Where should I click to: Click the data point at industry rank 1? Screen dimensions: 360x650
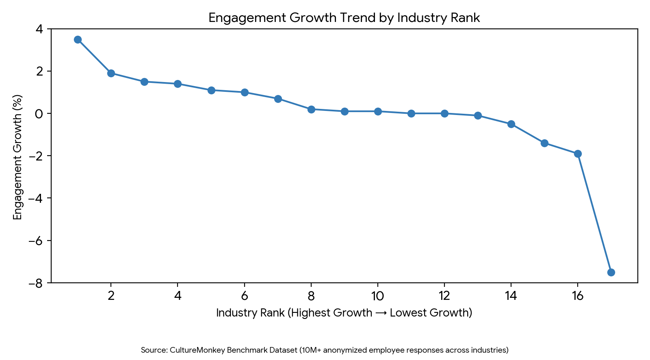click(x=78, y=39)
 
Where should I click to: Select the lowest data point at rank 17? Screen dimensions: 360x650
click(x=611, y=272)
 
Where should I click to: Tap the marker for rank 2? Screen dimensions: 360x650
click(x=111, y=73)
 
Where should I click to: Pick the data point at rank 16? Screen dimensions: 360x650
click(x=578, y=154)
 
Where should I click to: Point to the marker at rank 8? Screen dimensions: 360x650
click(x=311, y=109)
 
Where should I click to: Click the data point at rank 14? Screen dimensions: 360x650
click(x=511, y=124)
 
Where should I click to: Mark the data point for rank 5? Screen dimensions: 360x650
click(x=211, y=90)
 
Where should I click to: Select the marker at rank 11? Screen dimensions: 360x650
click(x=411, y=113)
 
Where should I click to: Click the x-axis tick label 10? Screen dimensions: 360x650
click(x=377, y=296)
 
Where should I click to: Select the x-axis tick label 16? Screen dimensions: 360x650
click(x=577, y=296)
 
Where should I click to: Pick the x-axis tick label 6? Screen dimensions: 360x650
click(x=244, y=296)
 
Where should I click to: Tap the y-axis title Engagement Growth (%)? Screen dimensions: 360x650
click(x=17, y=157)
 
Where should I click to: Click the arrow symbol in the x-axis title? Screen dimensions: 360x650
click(x=381, y=313)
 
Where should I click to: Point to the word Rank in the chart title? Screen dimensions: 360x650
click(x=466, y=18)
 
